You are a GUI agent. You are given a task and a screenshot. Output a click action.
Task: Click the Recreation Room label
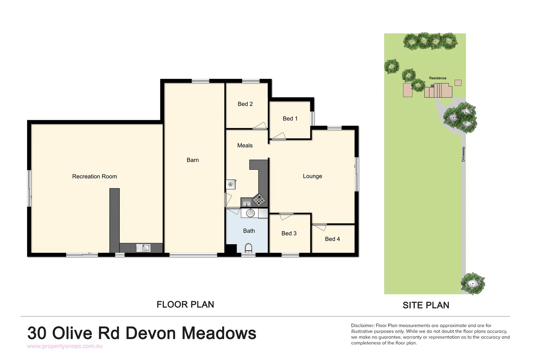[x=94, y=176]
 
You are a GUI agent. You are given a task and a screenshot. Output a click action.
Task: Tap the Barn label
[x=193, y=160]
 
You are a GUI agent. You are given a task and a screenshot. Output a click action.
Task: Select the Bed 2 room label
[x=245, y=104]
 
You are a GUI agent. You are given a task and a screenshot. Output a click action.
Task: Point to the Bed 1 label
[x=290, y=119]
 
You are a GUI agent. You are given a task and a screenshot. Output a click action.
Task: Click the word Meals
[x=245, y=146]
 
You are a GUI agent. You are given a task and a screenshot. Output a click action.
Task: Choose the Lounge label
[x=312, y=176]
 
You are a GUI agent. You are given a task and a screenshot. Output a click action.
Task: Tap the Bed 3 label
[x=289, y=233]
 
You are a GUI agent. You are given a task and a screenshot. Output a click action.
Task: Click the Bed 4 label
[x=332, y=239]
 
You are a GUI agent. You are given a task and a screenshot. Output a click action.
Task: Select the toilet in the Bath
[x=248, y=248]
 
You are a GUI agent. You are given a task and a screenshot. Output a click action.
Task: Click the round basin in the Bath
[x=250, y=213]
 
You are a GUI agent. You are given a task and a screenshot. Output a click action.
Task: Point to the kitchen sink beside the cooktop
[x=246, y=202]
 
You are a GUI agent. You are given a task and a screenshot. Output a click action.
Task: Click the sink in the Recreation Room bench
[x=143, y=248]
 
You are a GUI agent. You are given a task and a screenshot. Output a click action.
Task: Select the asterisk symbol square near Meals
[x=231, y=184]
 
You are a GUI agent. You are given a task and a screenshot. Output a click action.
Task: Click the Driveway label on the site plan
[x=463, y=154]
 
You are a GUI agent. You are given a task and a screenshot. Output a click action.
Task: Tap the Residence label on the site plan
[x=437, y=78]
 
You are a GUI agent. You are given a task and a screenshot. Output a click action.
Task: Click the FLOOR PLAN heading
[x=185, y=305]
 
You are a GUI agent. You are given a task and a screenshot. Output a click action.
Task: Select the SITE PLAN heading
[x=426, y=305]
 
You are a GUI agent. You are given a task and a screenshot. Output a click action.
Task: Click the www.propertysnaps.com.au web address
[x=65, y=346]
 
